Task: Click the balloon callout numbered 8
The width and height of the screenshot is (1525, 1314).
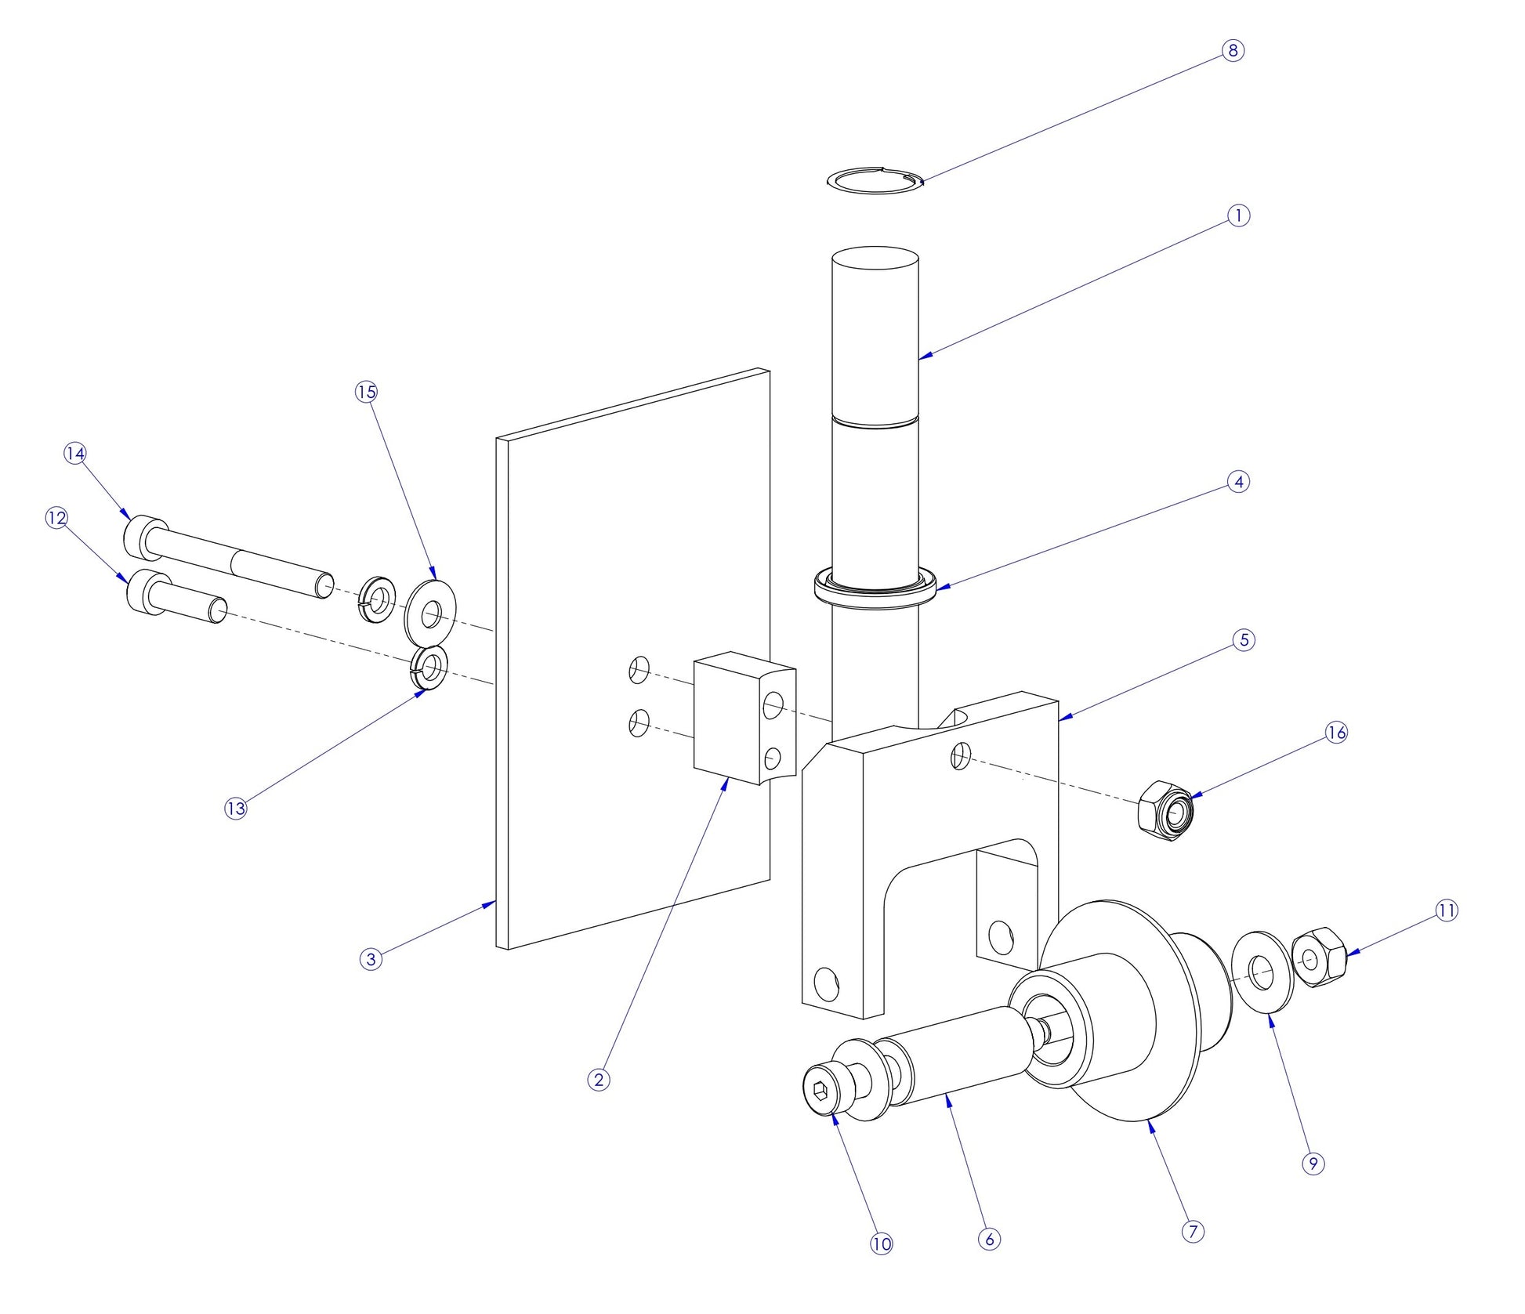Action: click(1233, 51)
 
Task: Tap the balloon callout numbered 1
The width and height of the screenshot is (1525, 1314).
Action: click(1237, 215)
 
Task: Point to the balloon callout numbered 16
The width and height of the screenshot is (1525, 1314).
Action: click(1336, 733)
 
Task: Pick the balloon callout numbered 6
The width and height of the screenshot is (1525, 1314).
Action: click(989, 1239)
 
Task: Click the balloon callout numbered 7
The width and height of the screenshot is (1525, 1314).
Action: click(1192, 1232)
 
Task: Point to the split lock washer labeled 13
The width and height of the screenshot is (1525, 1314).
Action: click(429, 668)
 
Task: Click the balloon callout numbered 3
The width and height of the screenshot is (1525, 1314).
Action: click(371, 958)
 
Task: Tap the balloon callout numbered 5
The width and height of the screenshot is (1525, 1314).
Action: click(1244, 639)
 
